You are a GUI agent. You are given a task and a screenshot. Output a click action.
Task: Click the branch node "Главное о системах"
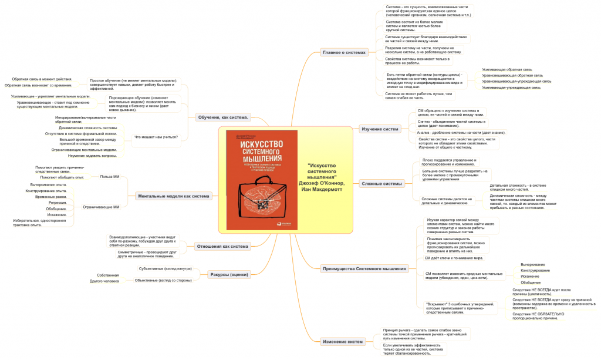(345, 52)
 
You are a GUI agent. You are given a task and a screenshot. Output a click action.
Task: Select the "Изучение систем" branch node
(380, 129)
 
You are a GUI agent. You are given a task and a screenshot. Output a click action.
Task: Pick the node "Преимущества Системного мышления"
(364, 269)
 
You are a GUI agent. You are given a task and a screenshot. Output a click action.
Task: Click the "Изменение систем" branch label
(342, 341)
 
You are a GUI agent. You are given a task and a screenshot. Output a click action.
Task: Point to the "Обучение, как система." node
(223, 117)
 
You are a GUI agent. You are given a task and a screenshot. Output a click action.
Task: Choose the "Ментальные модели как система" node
(173, 196)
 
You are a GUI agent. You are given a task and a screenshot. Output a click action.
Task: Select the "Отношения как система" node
(222, 246)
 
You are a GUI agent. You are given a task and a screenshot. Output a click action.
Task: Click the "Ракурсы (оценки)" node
(229, 274)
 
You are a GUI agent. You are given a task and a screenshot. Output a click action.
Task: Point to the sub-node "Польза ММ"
(110, 176)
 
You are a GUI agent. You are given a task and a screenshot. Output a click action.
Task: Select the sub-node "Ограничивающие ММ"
(101, 207)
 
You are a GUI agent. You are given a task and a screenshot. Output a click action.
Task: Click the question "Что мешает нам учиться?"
(156, 137)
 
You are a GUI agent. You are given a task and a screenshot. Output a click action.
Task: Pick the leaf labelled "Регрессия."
(58, 202)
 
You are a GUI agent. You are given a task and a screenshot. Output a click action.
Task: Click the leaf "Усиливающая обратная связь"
(507, 69)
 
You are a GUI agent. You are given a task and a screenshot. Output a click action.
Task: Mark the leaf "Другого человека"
(104, 281)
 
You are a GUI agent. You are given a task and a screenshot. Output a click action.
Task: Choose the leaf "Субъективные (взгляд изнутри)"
(164, 268)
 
